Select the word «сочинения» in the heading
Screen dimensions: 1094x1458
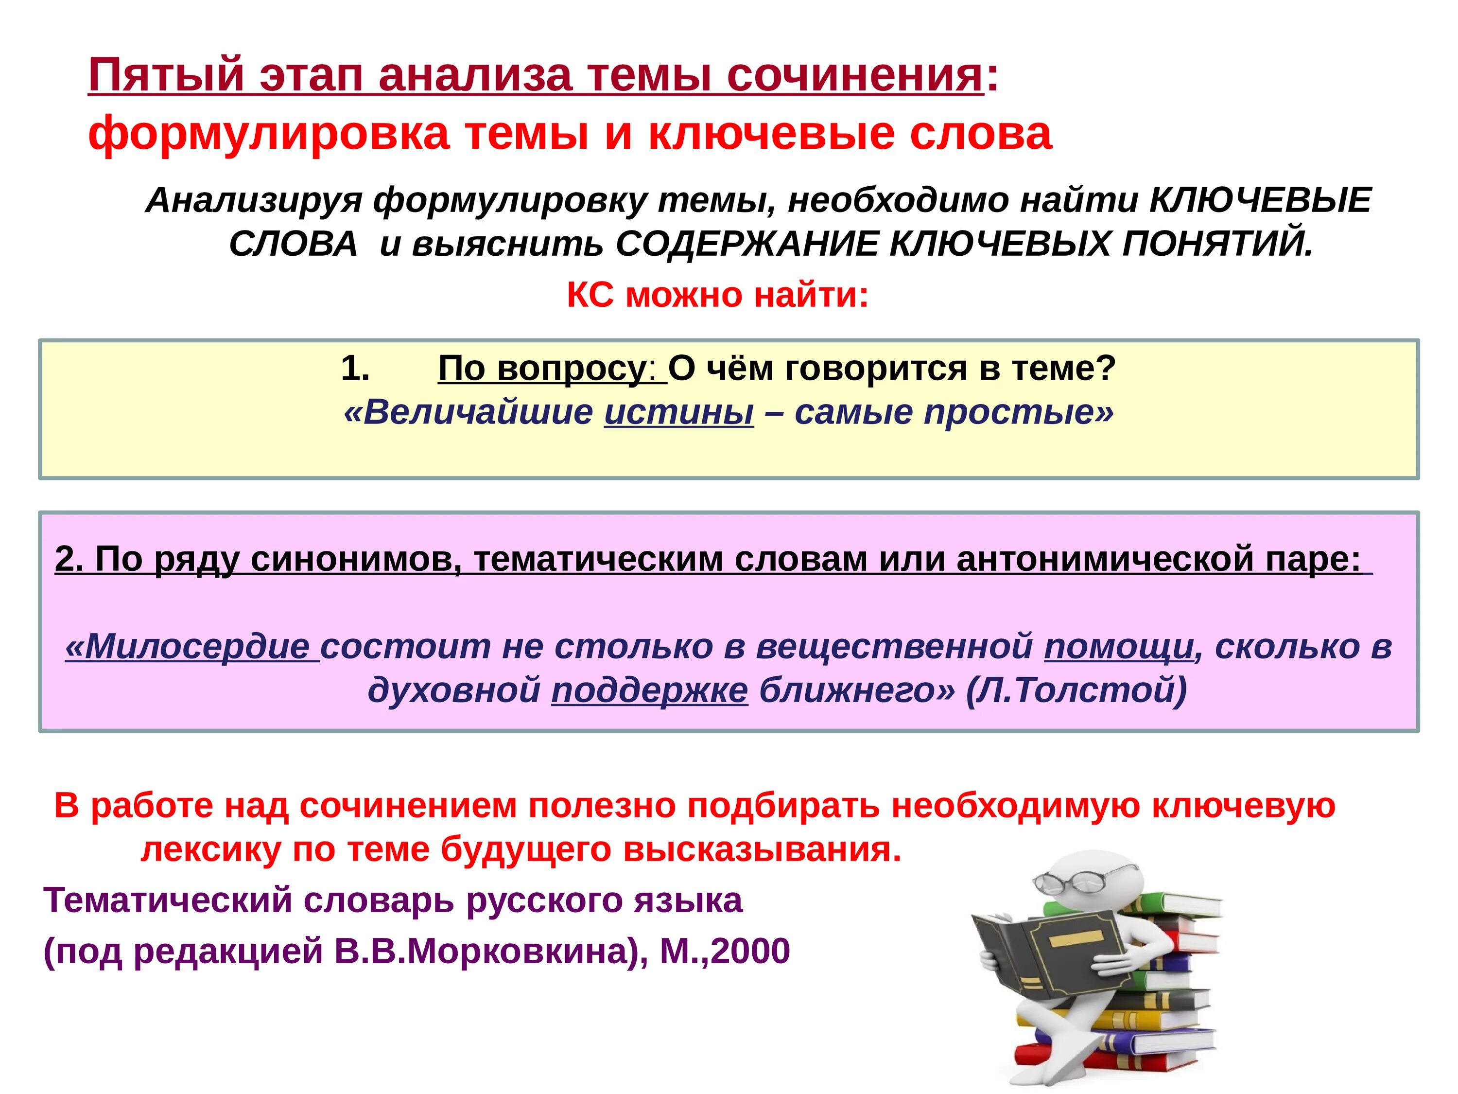(x=855, y=76)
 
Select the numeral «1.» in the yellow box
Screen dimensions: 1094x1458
(x=355, y=368)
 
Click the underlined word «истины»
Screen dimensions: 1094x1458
(x=679, y=413)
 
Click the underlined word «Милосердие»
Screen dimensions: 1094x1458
(x=188, y=646)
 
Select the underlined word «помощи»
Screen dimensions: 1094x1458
(x=1119, y=646)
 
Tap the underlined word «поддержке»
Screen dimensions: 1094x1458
(x=649, y=690)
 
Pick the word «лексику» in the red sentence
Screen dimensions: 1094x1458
(x=211, y=849)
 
